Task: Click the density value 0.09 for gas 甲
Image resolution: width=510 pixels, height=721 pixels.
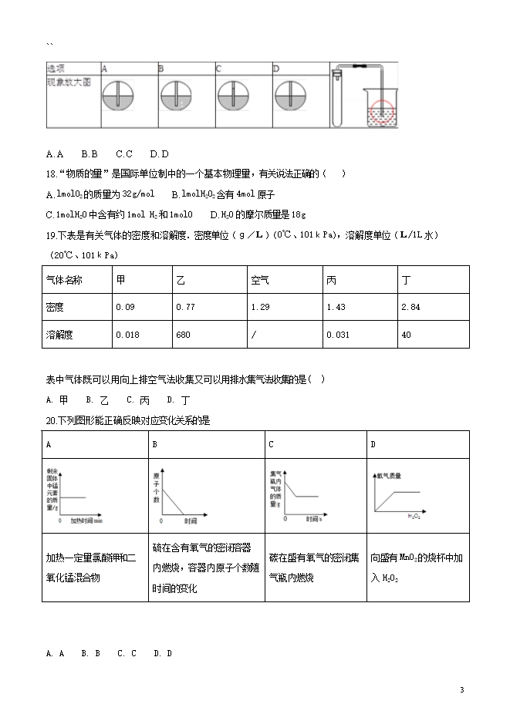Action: click(x=125, y=307)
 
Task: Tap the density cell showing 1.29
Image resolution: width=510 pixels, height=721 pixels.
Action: click(x=260, y=307)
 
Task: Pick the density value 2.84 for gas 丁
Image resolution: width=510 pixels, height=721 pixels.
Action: click(x=410, y=307)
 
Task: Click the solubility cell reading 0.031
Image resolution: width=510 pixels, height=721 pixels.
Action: click(x=337, y=335)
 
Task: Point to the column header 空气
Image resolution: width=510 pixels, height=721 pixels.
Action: click(x=260, y=279)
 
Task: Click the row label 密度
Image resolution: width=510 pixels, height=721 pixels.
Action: click(x=56, y=307)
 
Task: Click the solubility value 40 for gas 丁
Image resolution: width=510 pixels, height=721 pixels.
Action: click(x=407, y=335)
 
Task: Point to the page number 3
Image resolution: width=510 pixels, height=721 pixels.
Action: click(x=461, y=689)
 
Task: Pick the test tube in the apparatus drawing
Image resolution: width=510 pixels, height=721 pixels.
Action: click(x=336, y=99)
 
